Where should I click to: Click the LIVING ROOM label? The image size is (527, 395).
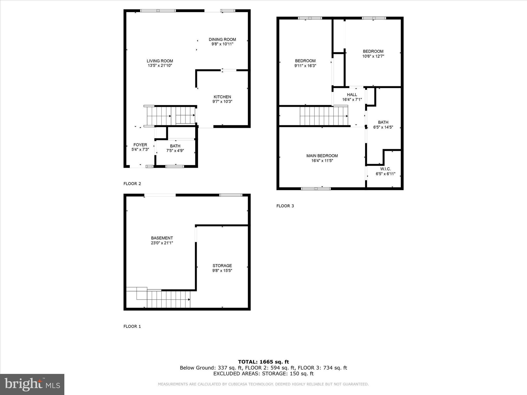[x=160, y=61]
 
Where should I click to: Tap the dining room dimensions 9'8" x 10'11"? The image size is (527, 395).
[x=222, y=44]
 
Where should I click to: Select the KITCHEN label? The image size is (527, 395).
[x=222, y=97]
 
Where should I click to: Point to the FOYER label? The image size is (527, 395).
[x=140, y=145]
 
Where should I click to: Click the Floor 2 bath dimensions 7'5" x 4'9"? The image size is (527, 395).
[x=175, y=151]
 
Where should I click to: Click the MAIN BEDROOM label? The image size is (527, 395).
[x=322, y=156]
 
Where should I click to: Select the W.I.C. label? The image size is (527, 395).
[x=385, y=169]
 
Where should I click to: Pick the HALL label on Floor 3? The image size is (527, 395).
[x=352, y=95]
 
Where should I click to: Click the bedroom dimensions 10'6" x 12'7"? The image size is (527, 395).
[x=373, y=56]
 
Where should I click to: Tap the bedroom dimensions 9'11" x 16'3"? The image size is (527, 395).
[x=305, y=66]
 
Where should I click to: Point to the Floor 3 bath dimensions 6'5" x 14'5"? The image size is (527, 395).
[x=383, y=127]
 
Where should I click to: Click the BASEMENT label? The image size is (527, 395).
[x=162, y=238]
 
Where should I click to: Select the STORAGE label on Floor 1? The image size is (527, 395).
[x=222, y=266]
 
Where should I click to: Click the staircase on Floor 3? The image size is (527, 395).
[x=324, y=116]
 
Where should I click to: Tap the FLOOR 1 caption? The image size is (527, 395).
[x=132, y=326]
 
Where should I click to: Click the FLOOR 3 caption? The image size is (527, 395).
[x=285, y=206]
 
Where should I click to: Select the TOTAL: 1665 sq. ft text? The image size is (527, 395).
[x=263, y=362]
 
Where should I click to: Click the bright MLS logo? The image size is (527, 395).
[x=32, y=384]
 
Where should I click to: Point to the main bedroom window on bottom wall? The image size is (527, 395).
[x=316, y=189]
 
